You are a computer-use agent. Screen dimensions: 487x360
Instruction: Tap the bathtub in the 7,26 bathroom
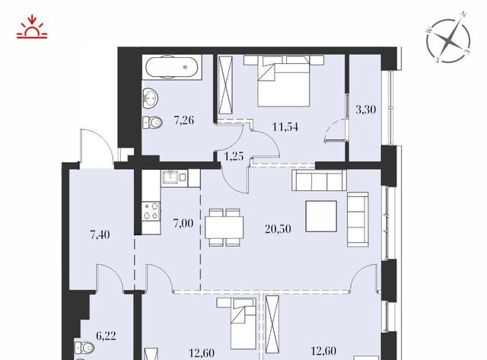[x=172, y=67]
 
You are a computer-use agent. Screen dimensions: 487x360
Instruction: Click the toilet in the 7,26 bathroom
[x=152, y=123]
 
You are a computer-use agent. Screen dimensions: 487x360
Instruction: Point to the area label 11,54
[x=285, y=127]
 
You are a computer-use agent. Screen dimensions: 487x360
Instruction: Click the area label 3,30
[x=365, y=110]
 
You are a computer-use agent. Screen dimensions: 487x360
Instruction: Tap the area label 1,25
[x=234, y=156]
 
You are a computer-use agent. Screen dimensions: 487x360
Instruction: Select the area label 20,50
[x=278, y=229]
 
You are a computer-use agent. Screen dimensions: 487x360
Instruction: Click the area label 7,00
[x=183, y=223]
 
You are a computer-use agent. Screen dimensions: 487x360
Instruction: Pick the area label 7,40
[x=100, y=234]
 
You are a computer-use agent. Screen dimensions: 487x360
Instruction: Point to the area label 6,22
[x=106, y=336]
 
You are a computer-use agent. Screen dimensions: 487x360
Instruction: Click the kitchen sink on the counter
[x=170, y=177]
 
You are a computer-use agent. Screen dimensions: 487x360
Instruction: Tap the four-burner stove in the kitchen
[x=151, y=212]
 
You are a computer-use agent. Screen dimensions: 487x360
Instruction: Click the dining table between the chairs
[x=224, y=228]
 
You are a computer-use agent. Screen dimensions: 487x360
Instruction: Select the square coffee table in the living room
[x=321, y=216]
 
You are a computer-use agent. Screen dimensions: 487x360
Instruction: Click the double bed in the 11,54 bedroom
[x=283, y=81]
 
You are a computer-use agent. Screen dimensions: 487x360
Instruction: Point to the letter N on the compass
[x=463, y=14]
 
